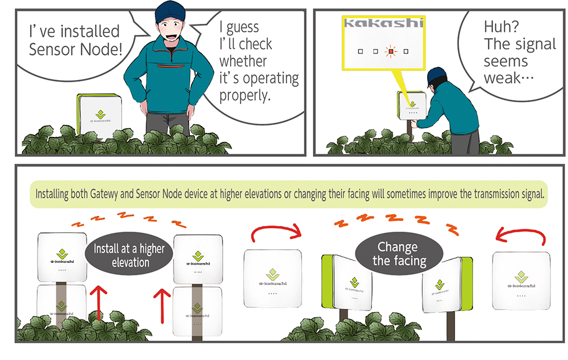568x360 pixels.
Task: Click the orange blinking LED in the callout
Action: point(391,52)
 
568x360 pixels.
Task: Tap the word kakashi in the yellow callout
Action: point(383,23)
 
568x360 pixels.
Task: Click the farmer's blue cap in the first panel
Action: point(169,11)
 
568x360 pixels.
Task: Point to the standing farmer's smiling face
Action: point(170,30)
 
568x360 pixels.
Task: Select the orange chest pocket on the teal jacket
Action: point(170,66)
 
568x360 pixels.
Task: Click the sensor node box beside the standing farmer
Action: point(99,116)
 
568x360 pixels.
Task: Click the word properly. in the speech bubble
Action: point(245,95)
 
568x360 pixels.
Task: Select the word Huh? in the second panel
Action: point(502,27)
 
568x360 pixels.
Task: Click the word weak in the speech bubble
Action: point(502,78)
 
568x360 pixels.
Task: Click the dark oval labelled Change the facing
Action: point(399,253)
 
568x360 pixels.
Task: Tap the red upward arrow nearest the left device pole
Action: point(98,303)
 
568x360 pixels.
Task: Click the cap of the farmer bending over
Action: point(436,76)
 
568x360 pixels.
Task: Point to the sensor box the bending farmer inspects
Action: point(412,106)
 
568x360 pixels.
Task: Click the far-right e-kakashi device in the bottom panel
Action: point(521,281)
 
